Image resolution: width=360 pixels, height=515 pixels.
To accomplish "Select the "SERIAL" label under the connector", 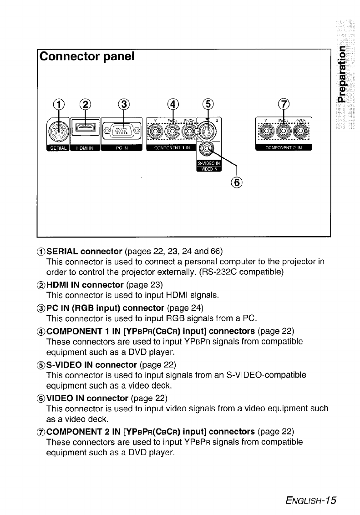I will [x=58, y=148].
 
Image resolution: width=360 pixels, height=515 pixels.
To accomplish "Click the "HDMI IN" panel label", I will [x=85, y=148].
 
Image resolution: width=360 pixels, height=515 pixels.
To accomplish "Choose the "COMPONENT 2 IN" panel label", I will [x=284, y=148].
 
